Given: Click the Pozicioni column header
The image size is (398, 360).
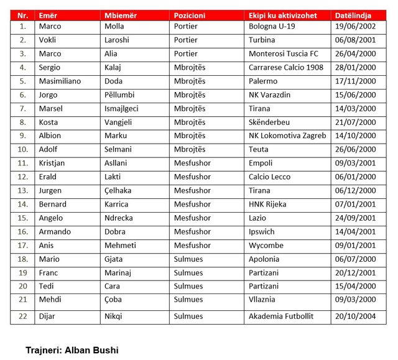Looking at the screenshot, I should tap(190, 14).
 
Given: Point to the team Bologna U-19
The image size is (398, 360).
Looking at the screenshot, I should tap(272, 27).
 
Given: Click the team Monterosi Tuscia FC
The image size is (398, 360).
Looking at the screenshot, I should tap(284, 54).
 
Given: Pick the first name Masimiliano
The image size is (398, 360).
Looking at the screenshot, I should tap(60, 81).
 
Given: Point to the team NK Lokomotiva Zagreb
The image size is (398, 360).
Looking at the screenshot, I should tap(287, 136).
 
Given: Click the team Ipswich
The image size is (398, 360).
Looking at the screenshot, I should tap(262, 231).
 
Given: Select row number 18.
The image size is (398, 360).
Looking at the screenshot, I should tap(23, 259).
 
